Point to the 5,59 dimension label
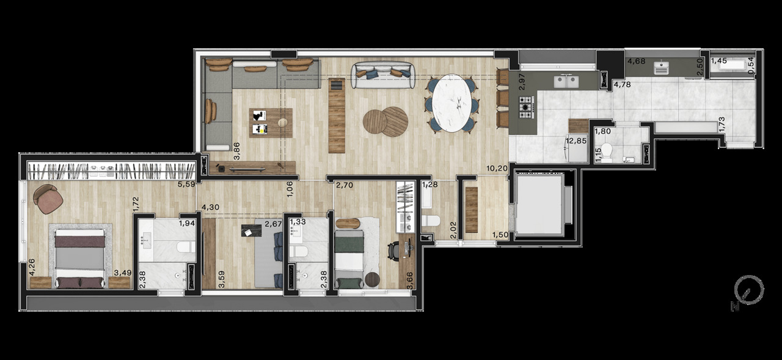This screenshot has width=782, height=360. pyautogui.click(x=186, y=183)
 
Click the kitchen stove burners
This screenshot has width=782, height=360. pyautogui.click(x=525, y=110)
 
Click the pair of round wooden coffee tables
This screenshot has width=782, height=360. pyautogui.click(x=386, y=120)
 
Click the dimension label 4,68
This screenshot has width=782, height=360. pyautogui.click(x=637, y=61)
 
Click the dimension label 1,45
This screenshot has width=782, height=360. pyautogui.click(x=718, y=61)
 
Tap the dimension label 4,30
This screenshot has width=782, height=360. pyautogui.click(x=210, y=207)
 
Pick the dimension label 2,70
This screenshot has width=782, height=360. pyautogui.click(x=345, y=185)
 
